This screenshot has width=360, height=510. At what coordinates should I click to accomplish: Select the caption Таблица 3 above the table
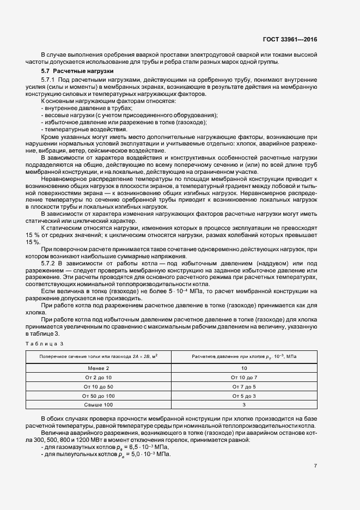45,344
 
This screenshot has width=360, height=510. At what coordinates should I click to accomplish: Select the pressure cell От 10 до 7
243,377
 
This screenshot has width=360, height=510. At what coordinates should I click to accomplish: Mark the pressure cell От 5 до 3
243,395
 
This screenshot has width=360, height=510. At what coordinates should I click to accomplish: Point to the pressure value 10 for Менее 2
243,368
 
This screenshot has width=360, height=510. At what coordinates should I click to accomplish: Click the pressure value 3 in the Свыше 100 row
243,404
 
